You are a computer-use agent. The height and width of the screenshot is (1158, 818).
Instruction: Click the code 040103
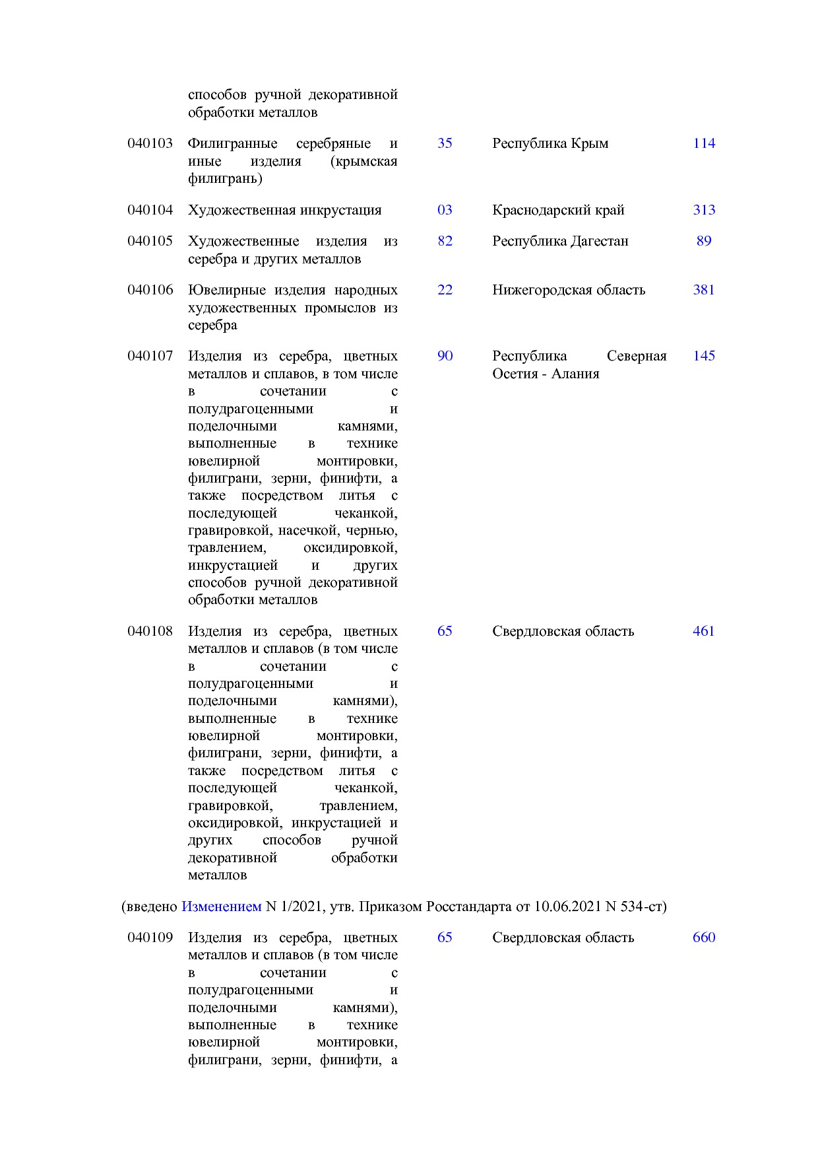click(150, 143)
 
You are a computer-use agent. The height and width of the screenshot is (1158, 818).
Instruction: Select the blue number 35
click(445, 143)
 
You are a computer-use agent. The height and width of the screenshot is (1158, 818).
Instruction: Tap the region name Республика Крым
click(550, 143)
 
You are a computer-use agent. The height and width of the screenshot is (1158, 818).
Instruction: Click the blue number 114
click(704, 143)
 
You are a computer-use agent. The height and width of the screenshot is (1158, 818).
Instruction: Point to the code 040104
click(150, 210)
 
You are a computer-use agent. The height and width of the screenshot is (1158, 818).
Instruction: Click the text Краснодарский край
click(558, 210)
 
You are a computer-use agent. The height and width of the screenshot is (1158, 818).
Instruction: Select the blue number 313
click(704, 210)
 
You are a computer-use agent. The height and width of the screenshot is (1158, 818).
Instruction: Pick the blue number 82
click(445, 241)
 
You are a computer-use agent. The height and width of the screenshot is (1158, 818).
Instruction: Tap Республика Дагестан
click(560, 241)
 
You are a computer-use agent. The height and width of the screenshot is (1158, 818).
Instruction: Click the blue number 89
click(704, 241)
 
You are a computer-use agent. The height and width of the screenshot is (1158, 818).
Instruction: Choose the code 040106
click(150, 290)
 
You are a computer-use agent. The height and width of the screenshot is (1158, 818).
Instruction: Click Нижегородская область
click(569, 290)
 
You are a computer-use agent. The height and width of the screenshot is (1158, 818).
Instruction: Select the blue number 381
click(704, 290)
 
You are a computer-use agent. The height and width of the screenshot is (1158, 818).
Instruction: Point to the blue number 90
click(445, 356)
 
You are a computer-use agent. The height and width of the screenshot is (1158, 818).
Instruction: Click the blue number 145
click(704, 356)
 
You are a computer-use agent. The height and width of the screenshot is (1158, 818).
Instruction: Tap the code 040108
click(150, 631)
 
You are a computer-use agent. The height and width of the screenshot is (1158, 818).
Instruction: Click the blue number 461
click(704, 631)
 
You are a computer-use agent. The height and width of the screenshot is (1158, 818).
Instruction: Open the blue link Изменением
click(221, 906)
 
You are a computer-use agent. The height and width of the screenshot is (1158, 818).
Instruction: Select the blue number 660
click(704, 937)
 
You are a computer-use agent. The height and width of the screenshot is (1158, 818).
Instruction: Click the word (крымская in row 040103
click(363, 161)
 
